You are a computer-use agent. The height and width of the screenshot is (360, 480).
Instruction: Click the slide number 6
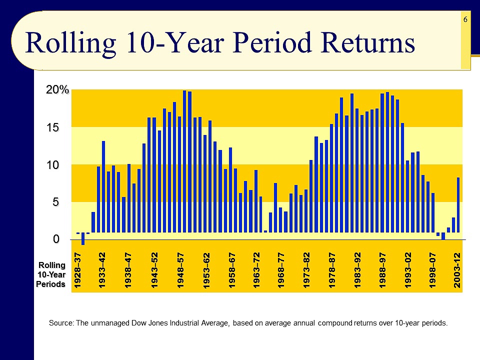coord(465,19)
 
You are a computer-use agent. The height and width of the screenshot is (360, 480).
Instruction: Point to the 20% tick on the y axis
coord(57,90)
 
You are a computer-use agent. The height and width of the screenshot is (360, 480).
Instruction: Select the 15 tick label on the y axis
coord(53,127)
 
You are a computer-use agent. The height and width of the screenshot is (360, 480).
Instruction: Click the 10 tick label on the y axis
coord(53,165)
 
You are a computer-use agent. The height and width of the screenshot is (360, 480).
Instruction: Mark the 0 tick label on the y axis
coord(57,239)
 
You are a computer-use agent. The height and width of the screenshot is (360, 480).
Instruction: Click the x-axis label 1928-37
coord(78,270)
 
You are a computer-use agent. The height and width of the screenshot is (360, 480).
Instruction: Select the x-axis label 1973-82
coord(307,270)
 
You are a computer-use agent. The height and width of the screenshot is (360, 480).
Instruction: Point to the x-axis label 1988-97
coord(382,270)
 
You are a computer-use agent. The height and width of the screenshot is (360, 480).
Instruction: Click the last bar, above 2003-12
coord(458,205)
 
